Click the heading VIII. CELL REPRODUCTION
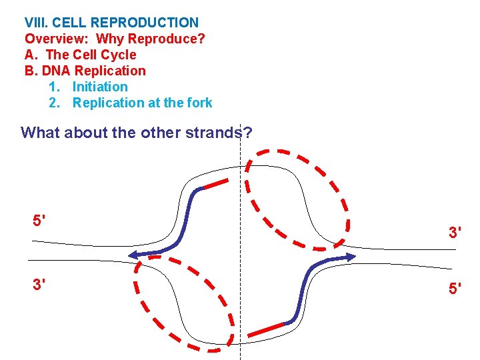(x=111, y=23)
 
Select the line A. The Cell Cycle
(x=80, y=55)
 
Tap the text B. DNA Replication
(x=85, y=71)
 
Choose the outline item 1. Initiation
(x=88, y=87)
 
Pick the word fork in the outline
(x=198, y=103)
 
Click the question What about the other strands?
(x=136, y=132)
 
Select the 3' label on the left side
(x=39, y=284)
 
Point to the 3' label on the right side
(x=456, y=233)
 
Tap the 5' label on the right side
(x=456, y=290)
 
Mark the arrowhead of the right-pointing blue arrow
(x=351, y=257)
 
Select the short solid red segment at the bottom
(x=266, y=329)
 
